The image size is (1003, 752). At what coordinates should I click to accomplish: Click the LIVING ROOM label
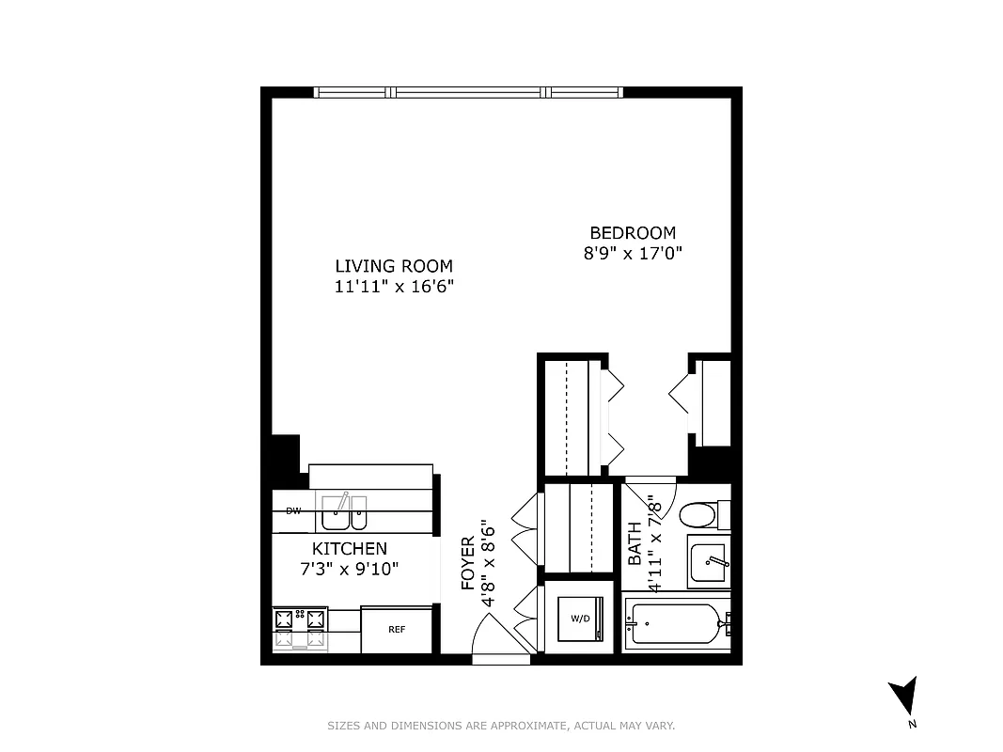point(394,266)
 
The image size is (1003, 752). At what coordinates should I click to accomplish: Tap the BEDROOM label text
point(632,233)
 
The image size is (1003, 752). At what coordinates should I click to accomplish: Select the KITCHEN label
point(349,548)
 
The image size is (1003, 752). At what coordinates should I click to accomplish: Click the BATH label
point(635,543)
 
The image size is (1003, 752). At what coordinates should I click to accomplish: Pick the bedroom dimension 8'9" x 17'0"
point(632,253)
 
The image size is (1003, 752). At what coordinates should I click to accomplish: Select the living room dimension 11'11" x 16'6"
point(394,287)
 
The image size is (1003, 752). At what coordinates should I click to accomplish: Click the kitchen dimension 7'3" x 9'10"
point(349,569)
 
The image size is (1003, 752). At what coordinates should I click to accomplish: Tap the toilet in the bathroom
point(700,514)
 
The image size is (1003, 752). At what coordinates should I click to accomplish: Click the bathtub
point(676,623)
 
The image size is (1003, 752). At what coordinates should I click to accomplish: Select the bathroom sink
point(709,562)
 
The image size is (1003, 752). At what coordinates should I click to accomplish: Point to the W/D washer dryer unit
point(581,619)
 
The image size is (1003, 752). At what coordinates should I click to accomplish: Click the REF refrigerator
point(397,630)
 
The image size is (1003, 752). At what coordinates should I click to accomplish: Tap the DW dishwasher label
point(293,510)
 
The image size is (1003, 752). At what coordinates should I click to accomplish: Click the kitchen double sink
point(343,513)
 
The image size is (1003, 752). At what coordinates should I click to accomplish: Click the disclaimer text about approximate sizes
point(501,726)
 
